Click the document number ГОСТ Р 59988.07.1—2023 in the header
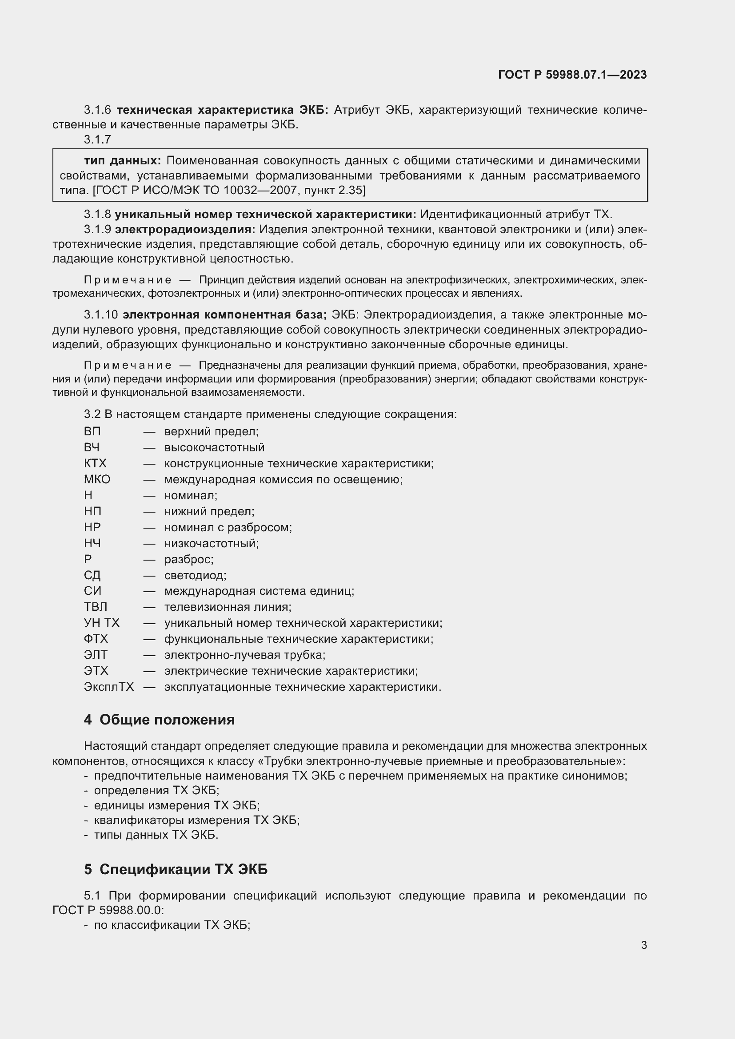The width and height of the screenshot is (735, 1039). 572,75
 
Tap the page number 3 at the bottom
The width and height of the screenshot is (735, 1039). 643,945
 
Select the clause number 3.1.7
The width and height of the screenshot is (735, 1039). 97,139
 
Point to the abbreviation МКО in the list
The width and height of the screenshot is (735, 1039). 97,479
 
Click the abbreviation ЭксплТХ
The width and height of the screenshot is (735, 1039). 108,687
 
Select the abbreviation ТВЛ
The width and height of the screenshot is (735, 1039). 96,607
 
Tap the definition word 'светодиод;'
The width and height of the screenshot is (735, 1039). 195,575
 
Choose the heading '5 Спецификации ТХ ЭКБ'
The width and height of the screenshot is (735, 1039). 176,869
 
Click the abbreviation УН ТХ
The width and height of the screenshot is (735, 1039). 101,623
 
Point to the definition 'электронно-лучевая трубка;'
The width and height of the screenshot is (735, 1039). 245,655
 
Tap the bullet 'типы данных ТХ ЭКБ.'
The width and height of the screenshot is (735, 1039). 156,835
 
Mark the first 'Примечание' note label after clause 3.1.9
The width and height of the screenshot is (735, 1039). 128,280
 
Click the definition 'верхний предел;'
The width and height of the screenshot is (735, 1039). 212,431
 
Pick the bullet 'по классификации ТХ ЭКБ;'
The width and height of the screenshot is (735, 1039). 172,925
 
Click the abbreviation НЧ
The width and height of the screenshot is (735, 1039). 92,543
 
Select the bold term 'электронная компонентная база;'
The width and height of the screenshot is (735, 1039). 224,314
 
